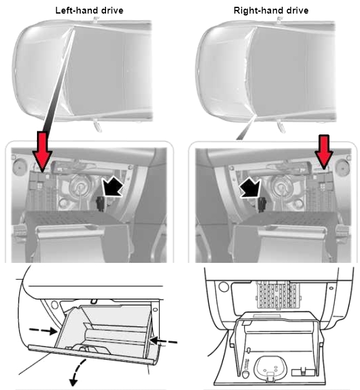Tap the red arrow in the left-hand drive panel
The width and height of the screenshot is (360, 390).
(x=43, y=152)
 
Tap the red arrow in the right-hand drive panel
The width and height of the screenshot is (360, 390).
(x=324, y=152)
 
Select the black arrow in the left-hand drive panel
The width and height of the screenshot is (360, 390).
(x=113, y=186)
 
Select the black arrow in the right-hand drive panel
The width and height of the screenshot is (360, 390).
(x=250, y=188)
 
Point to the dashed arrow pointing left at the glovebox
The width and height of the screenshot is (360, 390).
(x=163, y=341)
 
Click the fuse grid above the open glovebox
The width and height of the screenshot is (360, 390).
(x=279, y=295)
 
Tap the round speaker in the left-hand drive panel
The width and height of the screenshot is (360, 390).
(x=19, y=167)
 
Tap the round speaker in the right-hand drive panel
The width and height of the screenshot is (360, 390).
(x=343, y=168)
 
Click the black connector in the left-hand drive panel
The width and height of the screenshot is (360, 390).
(x=100, y=204)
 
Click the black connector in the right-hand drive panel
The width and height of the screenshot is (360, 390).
(x=261, y=205)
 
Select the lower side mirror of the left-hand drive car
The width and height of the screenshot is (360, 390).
(x=97, y=126)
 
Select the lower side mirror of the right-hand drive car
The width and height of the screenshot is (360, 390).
(x=281, y=126)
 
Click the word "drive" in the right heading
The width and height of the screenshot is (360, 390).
(x=297, y=10)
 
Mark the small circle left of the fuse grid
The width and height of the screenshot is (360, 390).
(x=223, y=286)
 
